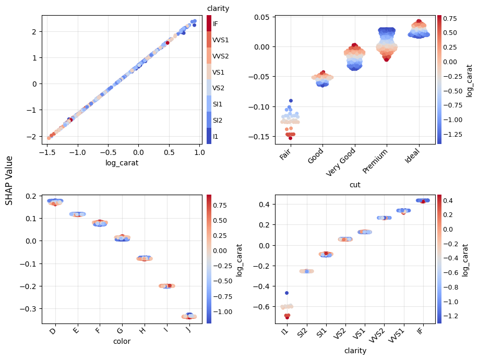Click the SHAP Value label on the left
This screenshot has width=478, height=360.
pyautogui.click(x=9, y=180)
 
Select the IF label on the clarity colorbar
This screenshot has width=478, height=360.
pyautogui.click(x=216, y=24)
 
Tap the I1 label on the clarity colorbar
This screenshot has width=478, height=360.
pyautogui.click(x=216, y=136)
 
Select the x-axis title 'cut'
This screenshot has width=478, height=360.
pyautogui.click(x=355, y=185)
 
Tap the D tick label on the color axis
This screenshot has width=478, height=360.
pyautogui.click(x=53, y=332)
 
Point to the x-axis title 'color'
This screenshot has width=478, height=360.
pyautogui.click(x=122, y=342)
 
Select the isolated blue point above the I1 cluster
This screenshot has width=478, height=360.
pyautogui.click(x=286, y=293)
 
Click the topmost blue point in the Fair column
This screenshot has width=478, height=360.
pyautogui.click(x=291, y=101)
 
